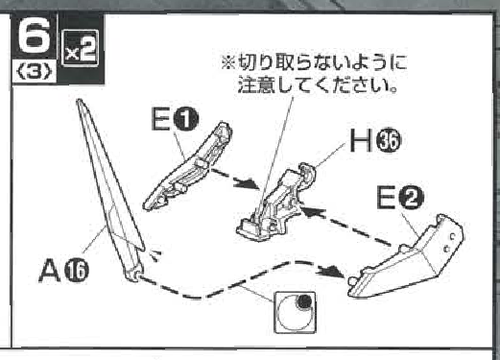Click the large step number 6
[x=35, y=36]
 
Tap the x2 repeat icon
[x=80, y=48]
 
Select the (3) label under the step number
[x=35, y=73]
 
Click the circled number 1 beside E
[x=186, y=119]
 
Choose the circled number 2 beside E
[x=411, y=198]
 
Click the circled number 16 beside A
[x=77, y=271]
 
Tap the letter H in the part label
[x=361, y=140]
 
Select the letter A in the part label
[x=50, y=271]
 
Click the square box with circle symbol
[x=295, y=313]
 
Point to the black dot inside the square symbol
[x=304, y=300]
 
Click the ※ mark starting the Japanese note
[x=229, y=62]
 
